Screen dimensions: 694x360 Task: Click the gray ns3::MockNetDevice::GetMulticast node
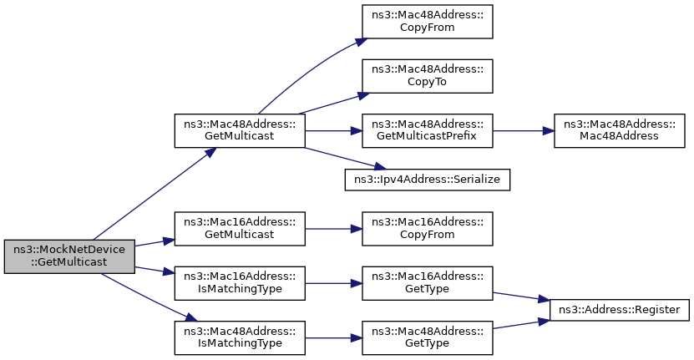69,256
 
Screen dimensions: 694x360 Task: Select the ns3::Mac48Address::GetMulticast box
240,130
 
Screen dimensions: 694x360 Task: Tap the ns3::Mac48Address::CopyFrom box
427,22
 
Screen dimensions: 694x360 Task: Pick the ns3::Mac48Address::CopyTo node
427,76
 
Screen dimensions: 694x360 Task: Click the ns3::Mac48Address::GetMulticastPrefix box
427,130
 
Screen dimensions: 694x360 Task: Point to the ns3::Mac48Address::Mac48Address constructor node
619,130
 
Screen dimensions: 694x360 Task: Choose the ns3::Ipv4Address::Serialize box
427,180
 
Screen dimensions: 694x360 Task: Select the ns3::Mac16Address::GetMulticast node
240,229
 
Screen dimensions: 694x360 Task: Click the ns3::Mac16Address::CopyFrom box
427,229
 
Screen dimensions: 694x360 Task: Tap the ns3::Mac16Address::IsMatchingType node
240,283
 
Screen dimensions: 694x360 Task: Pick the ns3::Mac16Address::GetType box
427,283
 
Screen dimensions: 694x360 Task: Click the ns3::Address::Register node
619,310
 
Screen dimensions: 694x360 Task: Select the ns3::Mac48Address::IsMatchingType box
240,337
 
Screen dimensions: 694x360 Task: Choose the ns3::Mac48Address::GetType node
427,337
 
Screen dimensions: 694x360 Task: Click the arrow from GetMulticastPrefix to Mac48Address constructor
523,131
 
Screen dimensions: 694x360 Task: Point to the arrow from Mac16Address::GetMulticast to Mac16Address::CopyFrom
333,229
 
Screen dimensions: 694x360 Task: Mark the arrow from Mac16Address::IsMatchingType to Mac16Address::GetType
333,283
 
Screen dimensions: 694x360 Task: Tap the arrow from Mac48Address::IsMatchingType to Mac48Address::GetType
333,337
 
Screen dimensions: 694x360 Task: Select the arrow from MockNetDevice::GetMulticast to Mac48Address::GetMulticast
155,194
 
